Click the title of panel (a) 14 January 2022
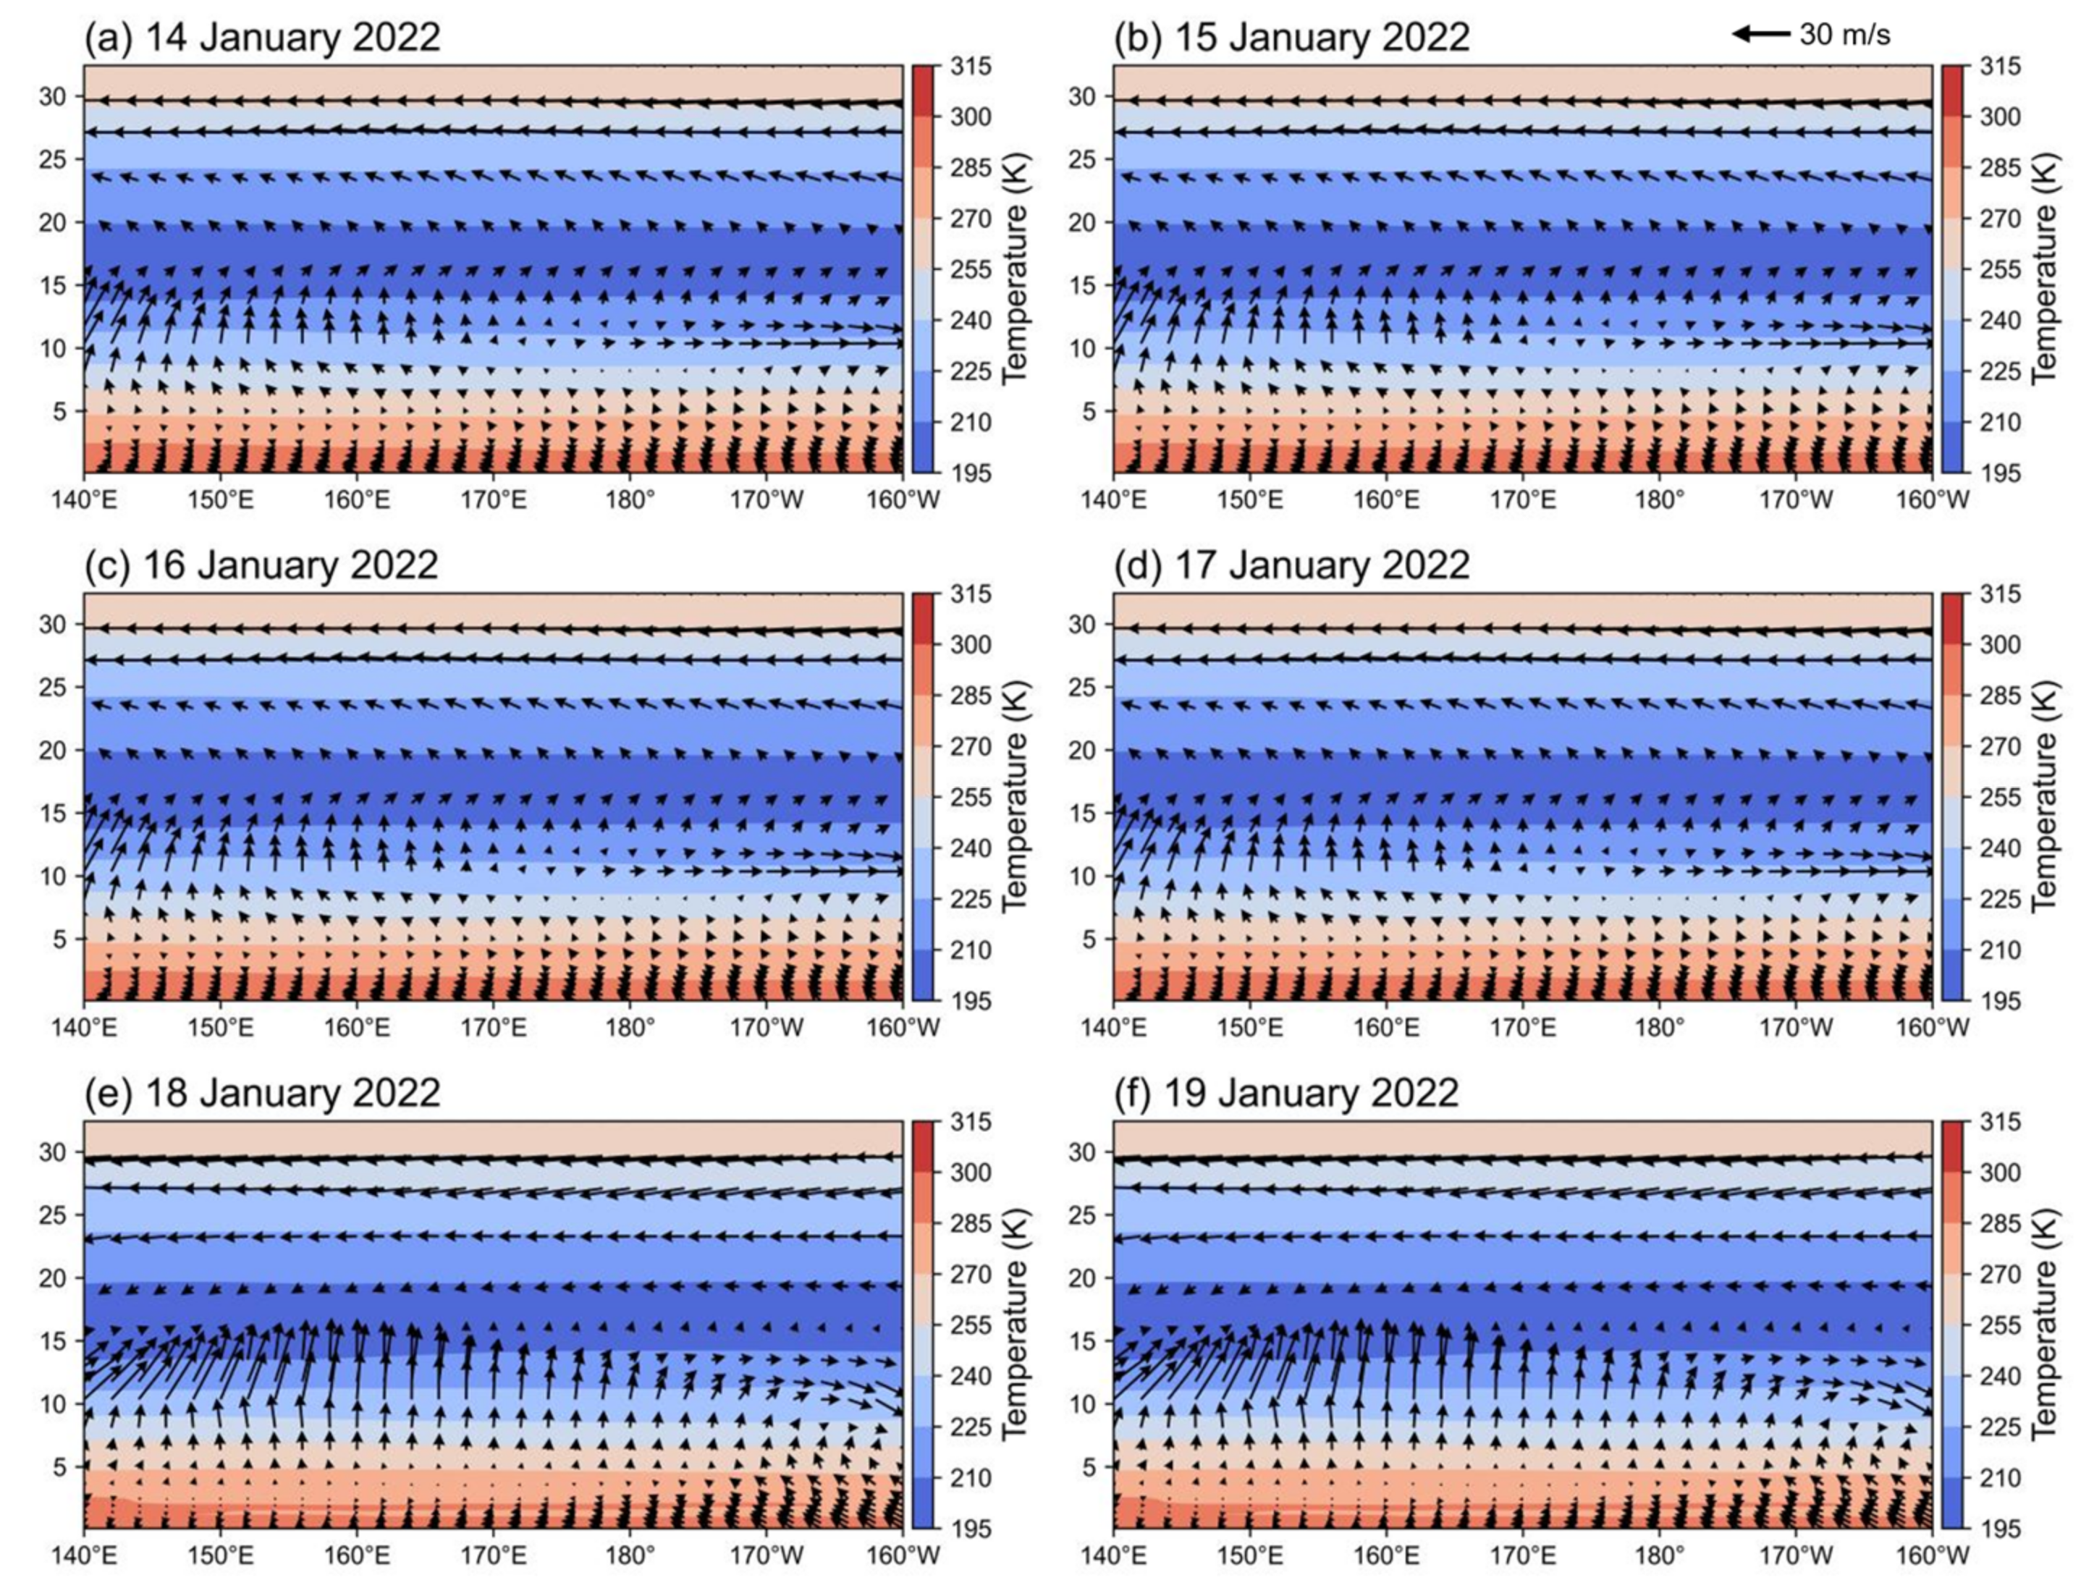[x=263, y=38]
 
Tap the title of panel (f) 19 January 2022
[x=1286, y=1092]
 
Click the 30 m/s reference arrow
[x=1760, y=34]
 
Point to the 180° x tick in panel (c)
[x=630, y=1028]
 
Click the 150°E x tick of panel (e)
[x=221, y=1555]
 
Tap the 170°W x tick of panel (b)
[x=1796, y=499]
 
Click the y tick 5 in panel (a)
[x=60, y=411]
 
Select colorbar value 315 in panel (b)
[x=2000, y=67]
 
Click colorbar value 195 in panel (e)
[x=970, y=1529]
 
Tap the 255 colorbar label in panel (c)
[x=970, y=797]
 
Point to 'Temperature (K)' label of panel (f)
[x=2043, y=1325]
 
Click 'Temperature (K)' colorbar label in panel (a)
[x=1014, y=269]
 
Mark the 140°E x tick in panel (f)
[x=1113, y=1555]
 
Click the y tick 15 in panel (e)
[x=54, y=1341]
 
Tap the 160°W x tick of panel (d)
[x=1933, y=1028]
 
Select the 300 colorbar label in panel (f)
[x=2000, y=1173]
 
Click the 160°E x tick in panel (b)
[x=1386, y=499]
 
